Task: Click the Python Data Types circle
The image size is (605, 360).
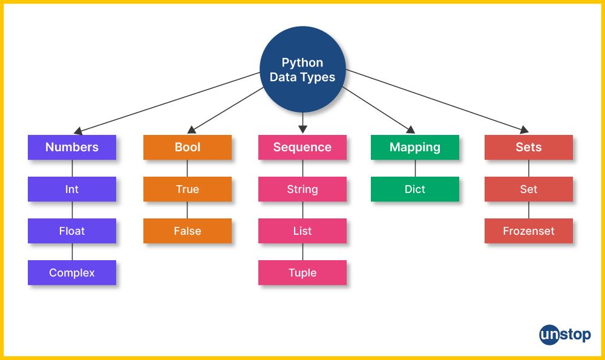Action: (x=302, y=70)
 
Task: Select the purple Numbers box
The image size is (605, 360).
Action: (x=72, y=147)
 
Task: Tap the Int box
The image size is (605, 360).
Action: (x=72, y=189)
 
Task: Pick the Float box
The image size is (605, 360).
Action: (x=72, y=231)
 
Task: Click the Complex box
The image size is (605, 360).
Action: (x=72, y=273)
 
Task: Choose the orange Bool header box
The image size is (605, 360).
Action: (x=188, y=147)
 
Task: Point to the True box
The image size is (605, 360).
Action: (x=188, y=189)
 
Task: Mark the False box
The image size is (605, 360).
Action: (x=188, y=231)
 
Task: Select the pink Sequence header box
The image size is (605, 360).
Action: (x=302, y=147)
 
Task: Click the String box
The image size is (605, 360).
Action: (x=302, y=189)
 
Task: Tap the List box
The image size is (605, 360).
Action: (x=302, y=231)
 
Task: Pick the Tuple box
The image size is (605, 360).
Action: (x=302, y=273)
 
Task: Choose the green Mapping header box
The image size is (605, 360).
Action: (x=415, y=147)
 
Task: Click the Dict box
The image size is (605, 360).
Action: (x=415, y=189)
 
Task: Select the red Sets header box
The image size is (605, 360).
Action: (x=529, y=147)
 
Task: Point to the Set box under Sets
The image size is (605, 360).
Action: (x=529, y=189)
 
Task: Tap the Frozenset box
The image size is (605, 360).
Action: (x=529, y=231)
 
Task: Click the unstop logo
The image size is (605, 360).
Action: (x=564, y=335)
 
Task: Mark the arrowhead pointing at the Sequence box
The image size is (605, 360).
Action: (x=302, y=129)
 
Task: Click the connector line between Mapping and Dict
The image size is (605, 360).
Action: (x=415, y=168)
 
